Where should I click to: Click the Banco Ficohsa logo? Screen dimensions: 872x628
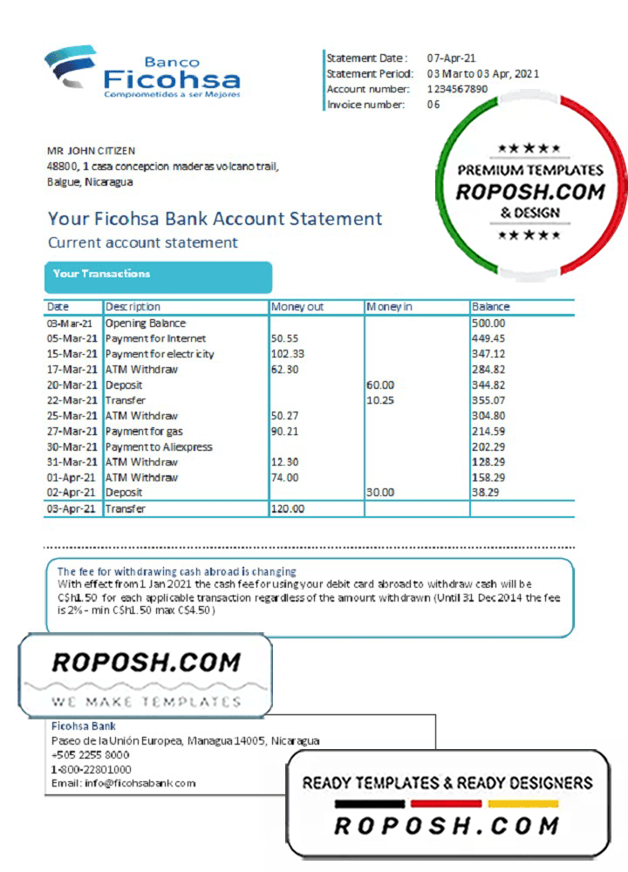pyautogui.click(x=143, y=72)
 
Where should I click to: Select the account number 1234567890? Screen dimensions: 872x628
pyautogui.click(x=457, y=89)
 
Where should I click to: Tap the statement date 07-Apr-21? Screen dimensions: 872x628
pyautogui.click(x=452, y=58)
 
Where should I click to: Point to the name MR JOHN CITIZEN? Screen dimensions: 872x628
pyautogui.click(x=91, y=151)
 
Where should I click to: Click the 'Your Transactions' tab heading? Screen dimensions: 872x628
pyautogui.click(x=101, y=274)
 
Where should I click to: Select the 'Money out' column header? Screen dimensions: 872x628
pyautogui.click(x=297, y=307)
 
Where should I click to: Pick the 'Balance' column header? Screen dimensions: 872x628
pyautogui.click(x=490, y=307)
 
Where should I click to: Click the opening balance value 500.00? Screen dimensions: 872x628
pyautogui.click(x=488, y=324)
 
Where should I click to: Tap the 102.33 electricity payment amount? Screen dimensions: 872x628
pyautogui.click(x=288, y=354)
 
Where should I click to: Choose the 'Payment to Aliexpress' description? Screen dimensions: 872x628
pyautogui.click(x=159, y=446)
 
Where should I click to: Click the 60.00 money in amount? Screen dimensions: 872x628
pyautogui.click(x=380, y=385)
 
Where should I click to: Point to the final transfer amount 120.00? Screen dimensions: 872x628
pyautogui.click(x=288, y=508)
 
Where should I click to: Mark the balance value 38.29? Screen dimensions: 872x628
pyautogui.click(x=486, y=493)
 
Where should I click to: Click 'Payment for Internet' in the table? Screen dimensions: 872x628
pyautogui.click(x=155, y=338)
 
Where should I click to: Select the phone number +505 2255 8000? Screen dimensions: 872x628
pyautogui.click(x=91, y=755)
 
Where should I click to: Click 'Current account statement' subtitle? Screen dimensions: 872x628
pyautogui.click(x=142, y=242)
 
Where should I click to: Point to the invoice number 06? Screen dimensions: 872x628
pyautogui.click(x=433, y=105)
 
